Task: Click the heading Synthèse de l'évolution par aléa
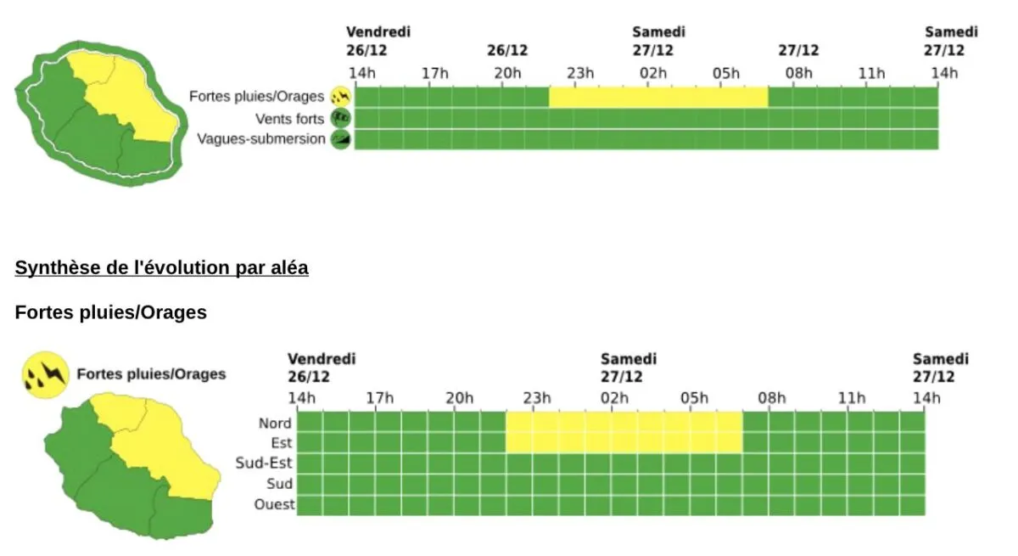pos(161,268)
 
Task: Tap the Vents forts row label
pos(289,119)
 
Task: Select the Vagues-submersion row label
pos(260,139)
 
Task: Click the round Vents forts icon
pos(341,118)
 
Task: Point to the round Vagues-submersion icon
pos(341,139)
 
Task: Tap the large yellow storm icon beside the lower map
pos(44,374)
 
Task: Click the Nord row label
pos(275,423)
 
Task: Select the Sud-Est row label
pos(264,463)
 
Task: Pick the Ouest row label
pos(274,504)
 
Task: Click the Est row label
pos(281,443)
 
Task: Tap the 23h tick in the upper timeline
pos(580,73)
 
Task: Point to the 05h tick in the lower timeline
pos(693,398)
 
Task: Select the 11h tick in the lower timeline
pos(851,398)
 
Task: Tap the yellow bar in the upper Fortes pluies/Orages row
pos(657,97)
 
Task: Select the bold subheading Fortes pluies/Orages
pos(110,312)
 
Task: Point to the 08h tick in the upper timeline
pos(798,73)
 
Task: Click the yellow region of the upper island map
pos(127,93)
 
